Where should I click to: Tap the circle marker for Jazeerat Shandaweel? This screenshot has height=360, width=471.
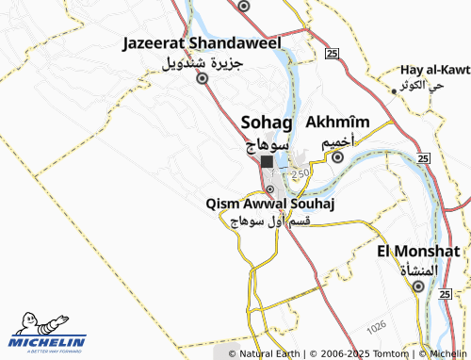pyautogui.click(x=201, y=79)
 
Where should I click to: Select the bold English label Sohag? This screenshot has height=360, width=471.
pyautogui.click(x=268, y=123)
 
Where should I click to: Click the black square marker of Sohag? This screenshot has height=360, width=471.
pyautogui.click(x=268, y=162)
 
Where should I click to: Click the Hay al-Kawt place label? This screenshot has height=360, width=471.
pyautogui.click(x=434, y=70)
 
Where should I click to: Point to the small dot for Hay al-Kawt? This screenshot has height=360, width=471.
pyautogui.click(x=394, y=90)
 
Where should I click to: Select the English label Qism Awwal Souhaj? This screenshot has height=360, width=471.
pyautogui.click(x=270, y=203)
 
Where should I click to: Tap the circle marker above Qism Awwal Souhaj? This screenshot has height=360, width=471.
pyautogui.click(x=269, y=188)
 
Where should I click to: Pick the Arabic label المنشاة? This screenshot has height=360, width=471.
pyautogui.click(x=418, y=270)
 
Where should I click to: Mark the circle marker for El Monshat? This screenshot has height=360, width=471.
pyautogui.click(x=418, y=287)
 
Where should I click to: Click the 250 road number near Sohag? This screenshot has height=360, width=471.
pyautogui.click(x=300, y=174)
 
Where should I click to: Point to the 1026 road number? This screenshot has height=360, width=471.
pyautogui.click(x=377, y=325)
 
